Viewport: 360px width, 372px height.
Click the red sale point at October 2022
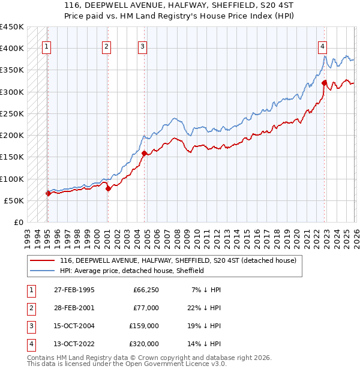[x=324, y=83]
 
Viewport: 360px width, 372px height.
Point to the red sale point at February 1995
[x=48, y=193]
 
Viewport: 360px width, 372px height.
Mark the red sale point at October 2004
[x=144, y=153]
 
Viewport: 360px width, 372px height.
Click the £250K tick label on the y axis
[x=12, y=113]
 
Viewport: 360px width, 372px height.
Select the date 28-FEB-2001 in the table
[x=74, y=308]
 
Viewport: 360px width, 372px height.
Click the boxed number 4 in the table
[x=31, y=344]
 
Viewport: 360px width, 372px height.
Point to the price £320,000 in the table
[x=144, y=344]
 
